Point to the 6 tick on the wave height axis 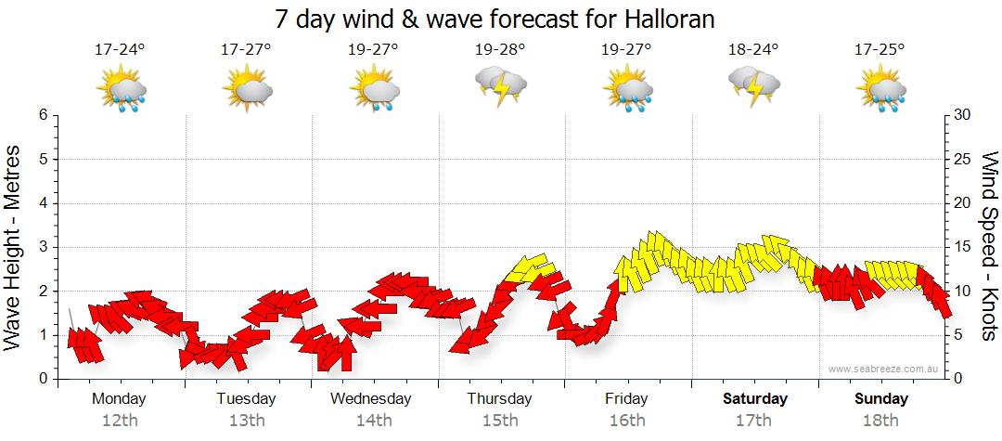click(x=42, y=115)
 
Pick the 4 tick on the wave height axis click(x=42, y=203)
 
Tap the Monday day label click(x=119, y=399)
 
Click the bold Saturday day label click(x=754, y=399)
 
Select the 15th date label click(x=500, y=421)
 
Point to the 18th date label click(x=881, y=421)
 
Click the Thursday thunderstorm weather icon click(x=500, y=85)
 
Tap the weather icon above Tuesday click(x=247, y=89)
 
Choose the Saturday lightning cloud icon click(x=754, y=85)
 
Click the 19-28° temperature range click(x=500, y=50)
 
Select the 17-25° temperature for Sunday click(x=881, y=50)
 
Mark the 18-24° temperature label click(x=754, y=50)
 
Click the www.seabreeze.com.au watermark click(x=884, y=370)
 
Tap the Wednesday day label click(x=371, y=399)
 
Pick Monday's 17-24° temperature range click(x=120, y=50)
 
